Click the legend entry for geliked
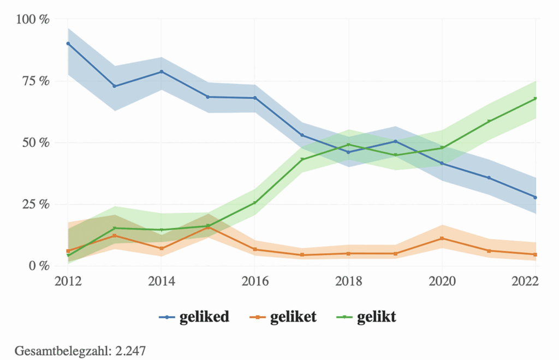coord(194,317)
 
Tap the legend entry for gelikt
coord(367,317)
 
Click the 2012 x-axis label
coord(68,281)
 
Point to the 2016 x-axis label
coord(255,281)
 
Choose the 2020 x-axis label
coord(442,281)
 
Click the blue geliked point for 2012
coord(68,44)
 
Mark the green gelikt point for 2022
coord(536,99)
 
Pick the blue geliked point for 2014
coord(162,71)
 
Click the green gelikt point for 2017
coord(302,159)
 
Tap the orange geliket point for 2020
coord(442,238)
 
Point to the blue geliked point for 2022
coord(536,197)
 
